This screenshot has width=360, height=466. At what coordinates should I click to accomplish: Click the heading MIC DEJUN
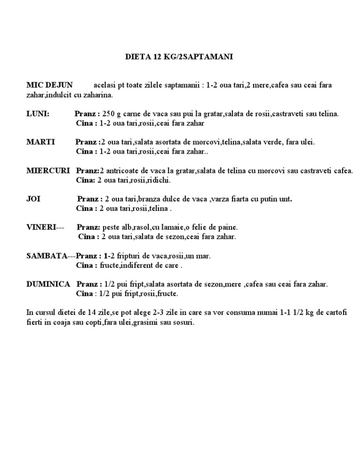49,85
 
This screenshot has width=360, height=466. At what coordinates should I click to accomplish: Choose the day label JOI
33,199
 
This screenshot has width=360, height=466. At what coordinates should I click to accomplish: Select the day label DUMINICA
48,284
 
